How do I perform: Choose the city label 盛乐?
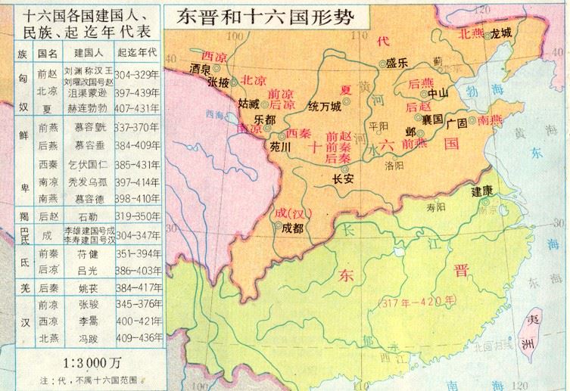pyautogui.click(x=397, y=64)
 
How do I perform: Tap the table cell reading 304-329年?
pyautogui.click(x=141, y=75)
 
